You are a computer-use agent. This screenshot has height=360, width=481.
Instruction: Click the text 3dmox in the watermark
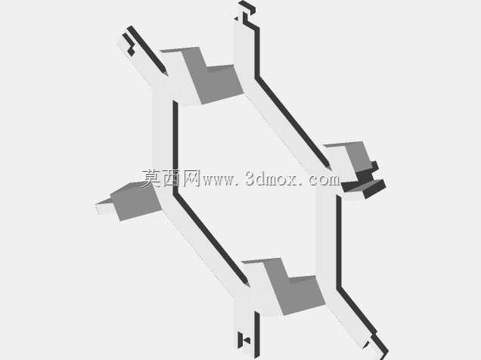(x=271, y=178)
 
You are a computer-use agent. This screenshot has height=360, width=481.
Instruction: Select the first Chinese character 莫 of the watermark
(x=151, y=178)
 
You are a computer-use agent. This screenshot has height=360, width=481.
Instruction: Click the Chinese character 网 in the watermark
(x=192, y=178)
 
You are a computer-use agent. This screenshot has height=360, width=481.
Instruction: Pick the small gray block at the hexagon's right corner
(x=358, y=157)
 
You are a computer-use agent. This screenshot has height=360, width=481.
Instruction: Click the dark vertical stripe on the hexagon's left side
(x=175, y=147)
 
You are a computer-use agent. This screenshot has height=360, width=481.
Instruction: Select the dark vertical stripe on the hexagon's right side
(x=339, y=241)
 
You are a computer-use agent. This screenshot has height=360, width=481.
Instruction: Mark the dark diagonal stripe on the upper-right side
(x=293, y=123)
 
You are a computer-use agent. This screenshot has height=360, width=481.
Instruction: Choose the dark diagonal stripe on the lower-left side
(x=211, y=238)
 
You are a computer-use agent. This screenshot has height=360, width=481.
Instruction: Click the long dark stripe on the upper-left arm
(x=148, y=51)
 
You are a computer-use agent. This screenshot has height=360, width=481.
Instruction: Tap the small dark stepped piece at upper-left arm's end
(x=129, y=45)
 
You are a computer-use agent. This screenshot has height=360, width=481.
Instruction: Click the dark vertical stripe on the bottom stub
(x=257, y=335)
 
